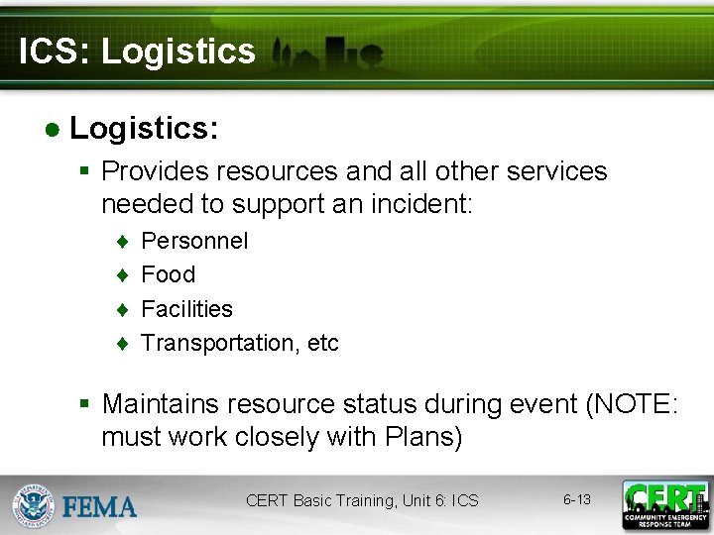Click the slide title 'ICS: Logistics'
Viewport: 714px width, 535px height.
(137, 52)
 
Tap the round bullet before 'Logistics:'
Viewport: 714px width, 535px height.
(51, 129)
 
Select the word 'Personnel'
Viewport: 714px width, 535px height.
(194, 241)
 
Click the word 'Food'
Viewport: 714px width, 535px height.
(168, 274)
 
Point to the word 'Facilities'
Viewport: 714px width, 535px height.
(186, 309)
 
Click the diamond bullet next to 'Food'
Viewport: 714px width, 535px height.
(121, 275)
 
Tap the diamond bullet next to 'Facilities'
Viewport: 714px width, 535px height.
(121, 310)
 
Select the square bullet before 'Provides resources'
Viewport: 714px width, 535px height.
(85, 172)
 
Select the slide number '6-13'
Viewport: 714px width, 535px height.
(576, 499)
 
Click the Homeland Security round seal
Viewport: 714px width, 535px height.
(33, 505)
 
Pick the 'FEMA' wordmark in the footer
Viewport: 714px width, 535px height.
(99, 507)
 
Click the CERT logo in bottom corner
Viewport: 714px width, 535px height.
(664, 504)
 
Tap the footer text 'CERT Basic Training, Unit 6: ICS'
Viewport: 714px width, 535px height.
(362, 501)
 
